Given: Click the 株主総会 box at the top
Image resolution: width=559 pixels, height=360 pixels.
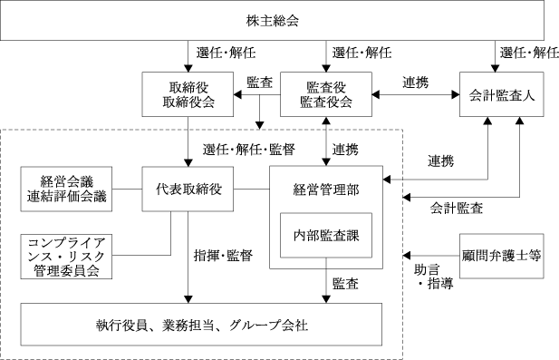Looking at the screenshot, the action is [x=272, y=20].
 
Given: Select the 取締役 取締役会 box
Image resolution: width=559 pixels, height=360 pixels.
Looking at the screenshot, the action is [x=188, y=94].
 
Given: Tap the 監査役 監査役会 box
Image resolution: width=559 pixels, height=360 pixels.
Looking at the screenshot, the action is [x=326, y=94].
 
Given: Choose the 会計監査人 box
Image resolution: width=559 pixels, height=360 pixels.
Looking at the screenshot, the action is [x=502, y=94].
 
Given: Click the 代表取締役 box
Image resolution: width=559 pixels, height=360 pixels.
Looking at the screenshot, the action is [x=188, y=189].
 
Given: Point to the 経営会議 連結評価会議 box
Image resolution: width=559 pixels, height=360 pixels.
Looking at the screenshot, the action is [x=66, y=189].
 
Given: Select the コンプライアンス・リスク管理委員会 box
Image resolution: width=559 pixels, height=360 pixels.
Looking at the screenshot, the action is [x=66, y=257].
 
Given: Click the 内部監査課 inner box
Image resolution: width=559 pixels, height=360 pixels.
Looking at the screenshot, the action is [x=326, y=236].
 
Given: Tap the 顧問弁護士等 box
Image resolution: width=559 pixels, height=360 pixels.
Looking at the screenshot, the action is [x=502, y=256].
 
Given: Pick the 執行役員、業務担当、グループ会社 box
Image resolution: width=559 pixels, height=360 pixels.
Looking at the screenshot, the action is [x=201, y=325].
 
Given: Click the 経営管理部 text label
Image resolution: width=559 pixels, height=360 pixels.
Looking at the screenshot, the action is [x=326, y=190].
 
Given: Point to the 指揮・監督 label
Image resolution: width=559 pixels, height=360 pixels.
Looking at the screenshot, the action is [x=223, y=256].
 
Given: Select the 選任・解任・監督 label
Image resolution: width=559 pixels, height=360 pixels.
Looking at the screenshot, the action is [x=249, y=149].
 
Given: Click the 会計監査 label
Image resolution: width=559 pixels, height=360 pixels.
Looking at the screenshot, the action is [x=457, y=208].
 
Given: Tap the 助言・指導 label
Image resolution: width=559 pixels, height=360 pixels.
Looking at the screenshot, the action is [x=433, y=277].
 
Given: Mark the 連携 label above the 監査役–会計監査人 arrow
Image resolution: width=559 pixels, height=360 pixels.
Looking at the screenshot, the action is [x=416, y=83].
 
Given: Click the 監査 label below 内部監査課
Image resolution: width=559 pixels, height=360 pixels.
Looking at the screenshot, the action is [x=345, y=284].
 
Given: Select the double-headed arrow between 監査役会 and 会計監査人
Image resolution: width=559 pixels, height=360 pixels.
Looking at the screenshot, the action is [x=416, y=94].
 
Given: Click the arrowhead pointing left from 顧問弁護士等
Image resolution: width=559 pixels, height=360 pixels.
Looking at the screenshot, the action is [x=407, y=256].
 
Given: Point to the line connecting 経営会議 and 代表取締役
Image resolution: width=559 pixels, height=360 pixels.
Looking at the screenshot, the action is [x=127, y=189].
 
